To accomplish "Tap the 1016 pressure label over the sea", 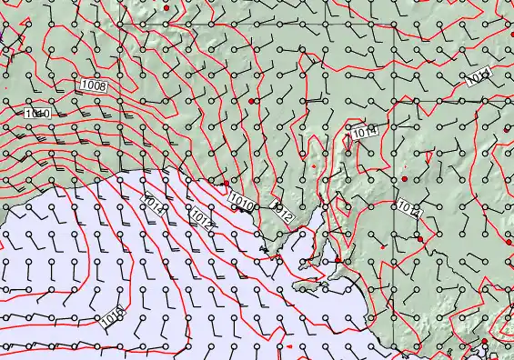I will pyautogui.click(x=114, y=316).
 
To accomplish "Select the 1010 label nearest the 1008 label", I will pyautogui.click(x=37, y=114).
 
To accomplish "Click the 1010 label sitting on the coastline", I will pyautogui.click(x=241, y=203).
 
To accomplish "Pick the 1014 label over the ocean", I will pyautogui.click(x=153, y=204).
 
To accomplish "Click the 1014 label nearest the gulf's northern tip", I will pyautogui.click(x=364, y=133).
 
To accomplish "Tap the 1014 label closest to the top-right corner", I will pyautogui.click(x=479, y=75).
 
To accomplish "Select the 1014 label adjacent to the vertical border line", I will pyautogui.click(x=408, y=209).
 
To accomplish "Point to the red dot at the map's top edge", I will pyautogui.click(x=166, y=7).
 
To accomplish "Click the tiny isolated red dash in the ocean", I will pyautogui.click(x=288, y=346).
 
